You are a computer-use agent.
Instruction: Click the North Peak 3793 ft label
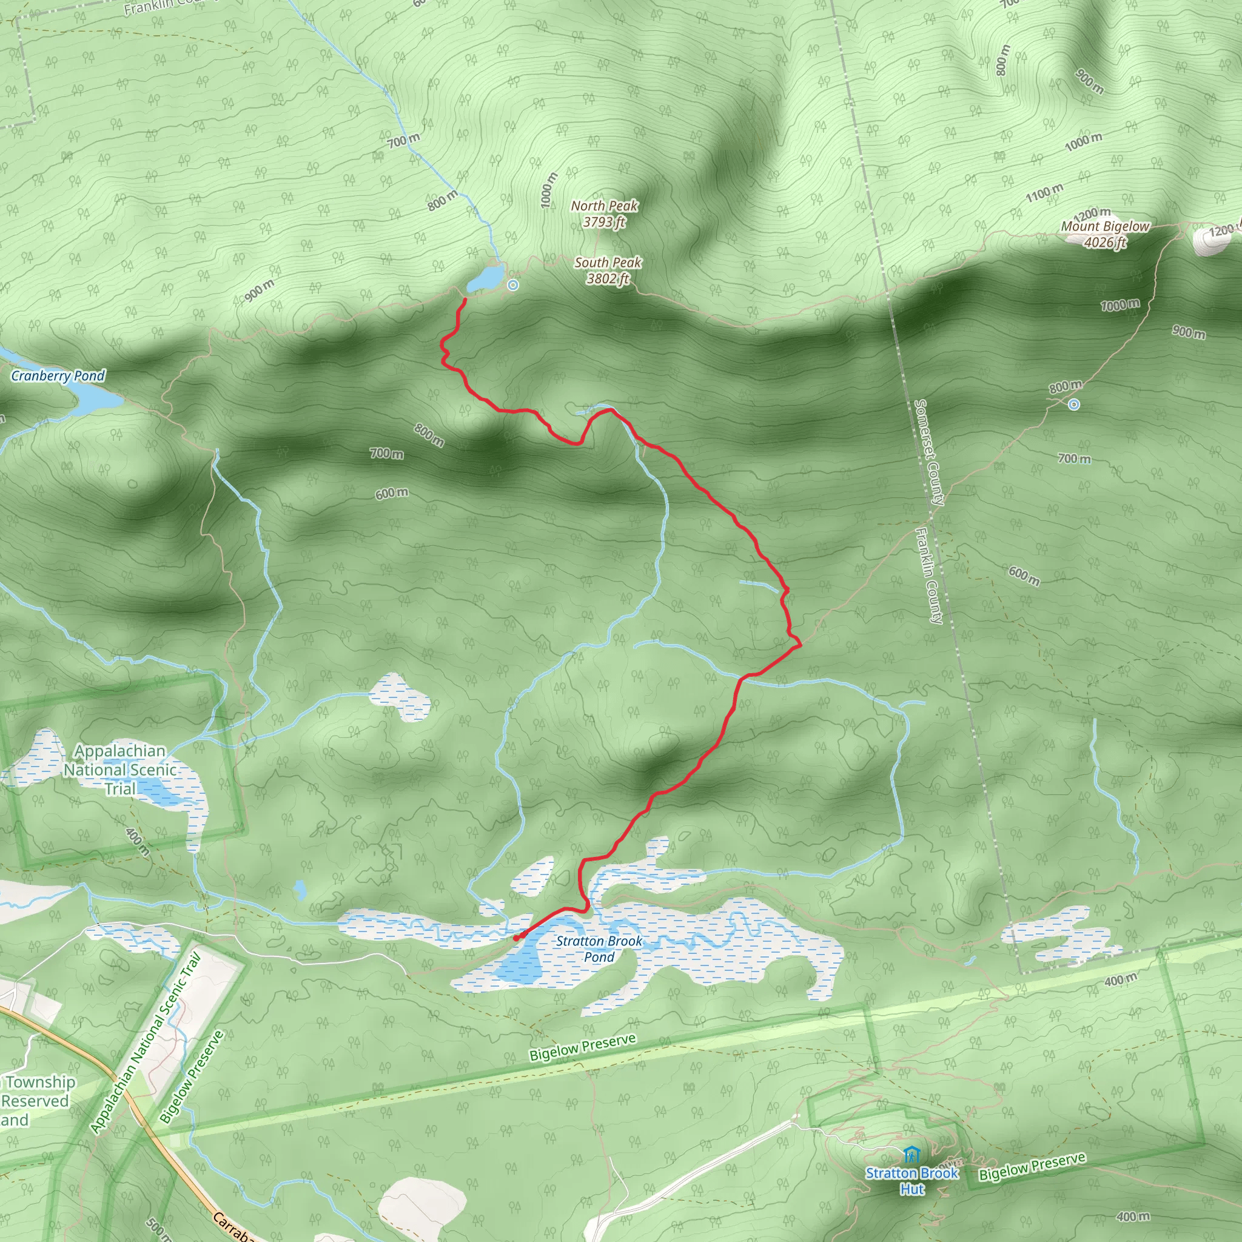click(604, 214)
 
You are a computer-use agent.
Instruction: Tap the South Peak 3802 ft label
click(608, 270)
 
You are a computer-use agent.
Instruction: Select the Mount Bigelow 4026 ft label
click(1104, 234)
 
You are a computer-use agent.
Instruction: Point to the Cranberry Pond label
click(58, 375)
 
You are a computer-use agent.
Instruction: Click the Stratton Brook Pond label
click(599, 949)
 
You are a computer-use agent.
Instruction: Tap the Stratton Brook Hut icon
click(911, 1154)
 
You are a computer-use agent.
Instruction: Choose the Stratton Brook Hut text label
click(911, 1180)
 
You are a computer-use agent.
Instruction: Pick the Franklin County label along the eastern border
click(929, 576)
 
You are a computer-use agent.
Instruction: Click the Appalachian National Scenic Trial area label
click(120, 770)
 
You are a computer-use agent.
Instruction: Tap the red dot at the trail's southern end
click(516, 938)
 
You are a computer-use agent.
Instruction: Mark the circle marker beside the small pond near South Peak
click(512, 285)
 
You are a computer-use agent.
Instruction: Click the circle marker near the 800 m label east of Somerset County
click(1073, 404)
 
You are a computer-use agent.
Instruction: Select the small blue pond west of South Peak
click(485, 278)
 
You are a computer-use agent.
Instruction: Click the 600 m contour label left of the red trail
click(392, 494)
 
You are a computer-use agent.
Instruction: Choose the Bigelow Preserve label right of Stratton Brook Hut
click(1032, 1167)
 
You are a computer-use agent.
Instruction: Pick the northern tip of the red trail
click(465, 300)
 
